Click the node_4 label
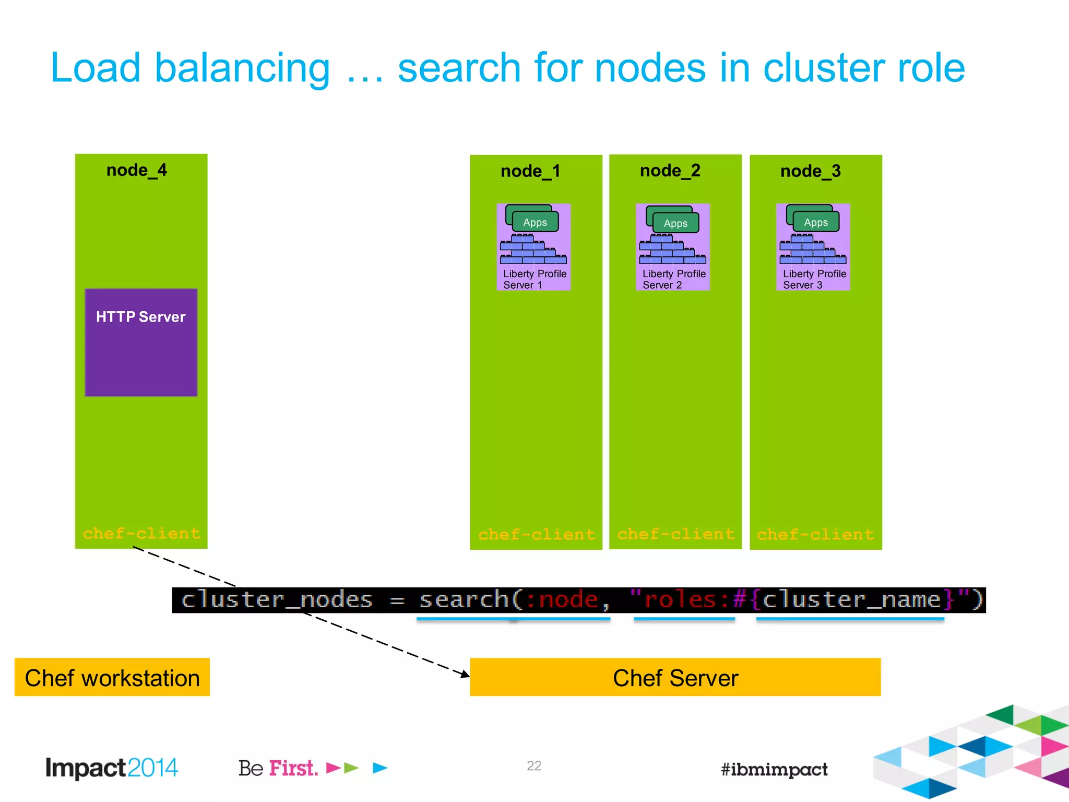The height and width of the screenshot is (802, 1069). point(136,170)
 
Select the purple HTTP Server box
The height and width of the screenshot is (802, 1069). point(141,343)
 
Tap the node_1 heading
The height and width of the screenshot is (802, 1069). point(530,171)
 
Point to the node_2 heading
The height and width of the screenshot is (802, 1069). point(670,171)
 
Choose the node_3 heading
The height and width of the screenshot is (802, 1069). point(810,171)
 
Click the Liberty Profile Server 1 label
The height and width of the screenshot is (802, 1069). point(534,279)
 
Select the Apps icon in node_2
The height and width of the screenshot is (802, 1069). point(675,223)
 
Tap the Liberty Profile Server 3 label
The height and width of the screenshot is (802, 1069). point(814,279)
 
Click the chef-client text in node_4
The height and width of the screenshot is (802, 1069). point(141,533)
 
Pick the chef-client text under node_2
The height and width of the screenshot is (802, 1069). point(676,534)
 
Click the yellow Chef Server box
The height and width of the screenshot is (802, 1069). point(675,678)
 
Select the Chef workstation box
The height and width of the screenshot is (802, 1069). point(112,678)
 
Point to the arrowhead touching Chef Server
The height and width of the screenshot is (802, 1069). point(465,674)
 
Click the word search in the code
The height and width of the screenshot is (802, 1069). point(464,599)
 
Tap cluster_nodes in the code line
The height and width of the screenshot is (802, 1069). point(277,599)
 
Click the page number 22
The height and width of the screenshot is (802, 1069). point(534,765)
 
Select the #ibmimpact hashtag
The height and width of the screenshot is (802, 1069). point(774,769)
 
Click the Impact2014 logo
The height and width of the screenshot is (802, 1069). point(112,768)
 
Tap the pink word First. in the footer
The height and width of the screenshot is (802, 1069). point(293,768)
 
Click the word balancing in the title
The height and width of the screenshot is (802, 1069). point(242,68)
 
